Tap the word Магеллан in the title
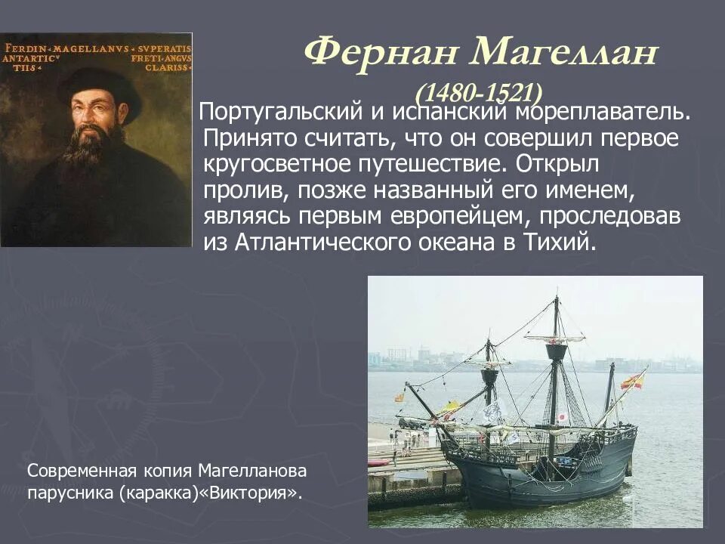[x=563, y=54]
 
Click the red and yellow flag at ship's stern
[x=633, y=380]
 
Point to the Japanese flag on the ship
[x=561, y=418]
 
